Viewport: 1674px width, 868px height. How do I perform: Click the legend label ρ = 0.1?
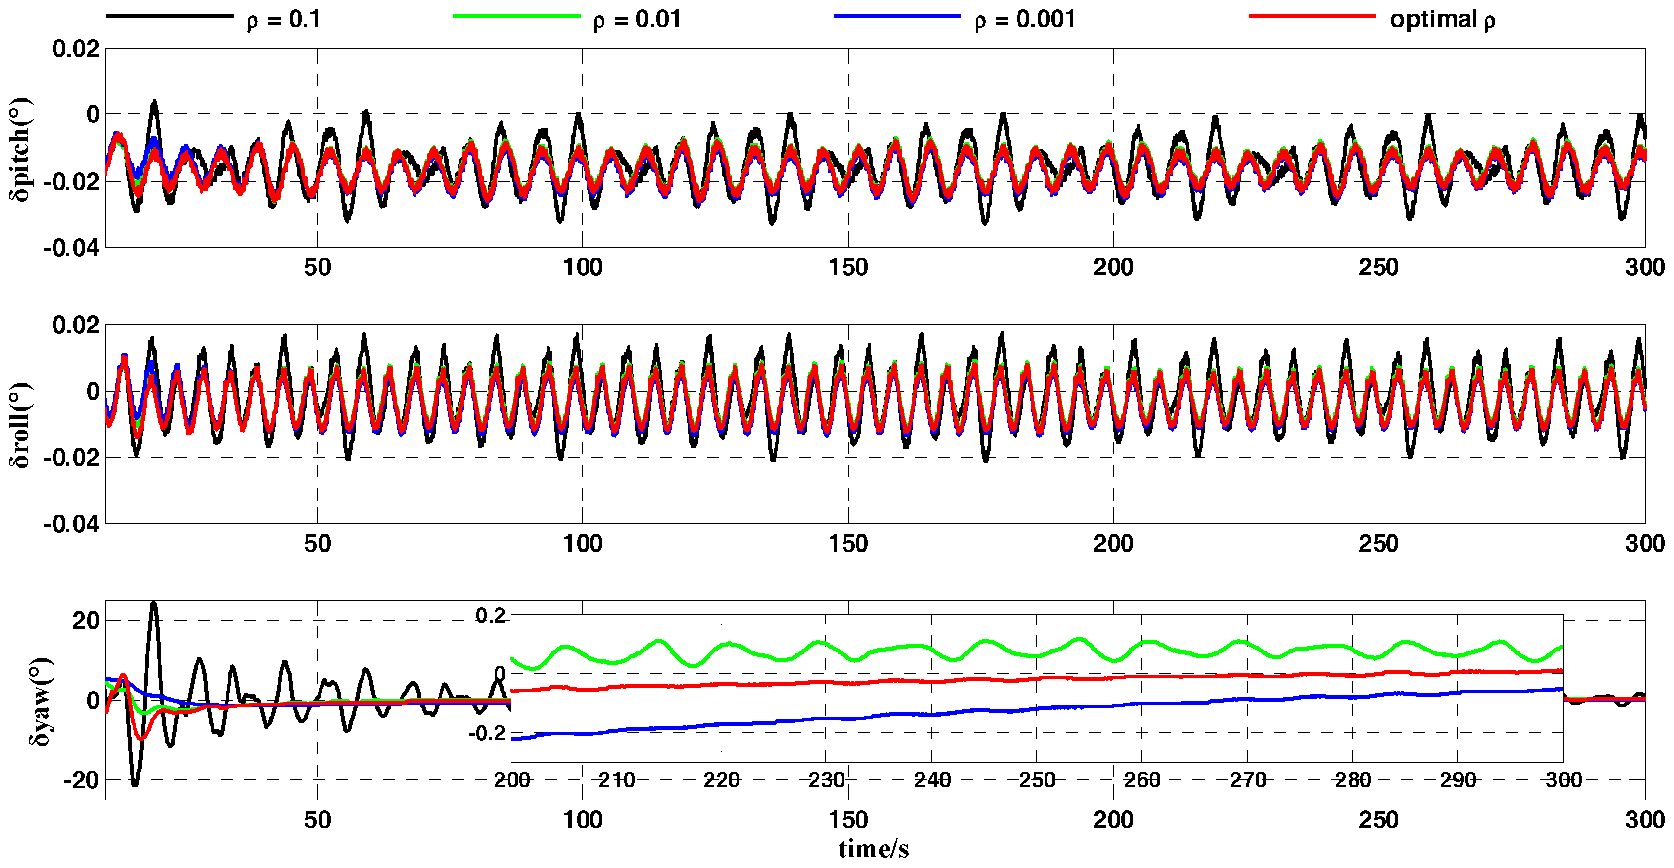pos(283,19)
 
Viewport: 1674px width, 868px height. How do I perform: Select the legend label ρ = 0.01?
pos(637,19)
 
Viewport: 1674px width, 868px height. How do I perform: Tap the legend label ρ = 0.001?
pos(1025,19)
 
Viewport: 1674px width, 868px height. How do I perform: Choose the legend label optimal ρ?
pos(1442,19)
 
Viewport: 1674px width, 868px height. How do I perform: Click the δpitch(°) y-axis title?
pos(19,149)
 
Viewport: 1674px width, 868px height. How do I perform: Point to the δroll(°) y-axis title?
pos(19,425)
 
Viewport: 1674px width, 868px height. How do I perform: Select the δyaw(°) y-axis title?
pos(40,702)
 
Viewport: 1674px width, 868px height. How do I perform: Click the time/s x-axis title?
pos(873,849)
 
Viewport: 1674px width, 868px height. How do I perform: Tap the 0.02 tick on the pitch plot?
pos(76,49)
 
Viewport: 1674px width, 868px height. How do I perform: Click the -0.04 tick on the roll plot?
pos(71,524)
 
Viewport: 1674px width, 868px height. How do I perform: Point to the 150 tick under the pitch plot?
pos(848,267)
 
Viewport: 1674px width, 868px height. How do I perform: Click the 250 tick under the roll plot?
pos(1379,543)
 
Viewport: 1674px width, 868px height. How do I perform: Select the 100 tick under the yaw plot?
pos(582,820)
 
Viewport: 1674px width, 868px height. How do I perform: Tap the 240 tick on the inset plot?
pos(932,780)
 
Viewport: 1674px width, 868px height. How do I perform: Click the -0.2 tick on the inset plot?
pos(487,733)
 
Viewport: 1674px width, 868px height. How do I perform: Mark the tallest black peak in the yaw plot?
pos(153,605)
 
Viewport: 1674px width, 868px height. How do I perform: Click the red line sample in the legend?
pos(1312,16)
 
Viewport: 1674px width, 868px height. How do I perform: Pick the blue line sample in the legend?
pos(897,16)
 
